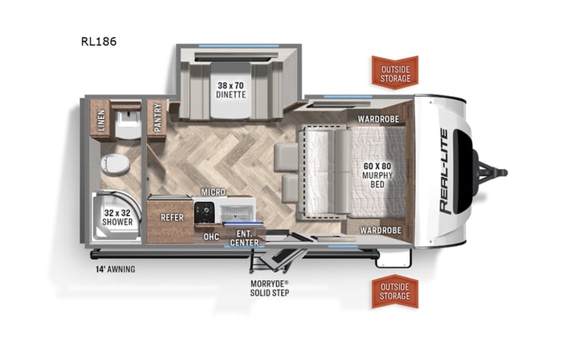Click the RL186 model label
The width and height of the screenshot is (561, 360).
pos(98,41)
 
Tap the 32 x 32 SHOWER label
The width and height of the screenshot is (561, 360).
pos(118,217)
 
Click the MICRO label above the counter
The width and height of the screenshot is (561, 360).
pos(213,191)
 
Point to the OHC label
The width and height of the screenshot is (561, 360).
pos(211,236)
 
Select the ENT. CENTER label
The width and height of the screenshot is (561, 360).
pos(245,238)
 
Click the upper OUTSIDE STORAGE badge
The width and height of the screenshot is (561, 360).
pos(394,73)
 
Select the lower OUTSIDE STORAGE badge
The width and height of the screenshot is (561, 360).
pos(394,291)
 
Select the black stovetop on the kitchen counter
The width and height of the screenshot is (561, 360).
pos(204,210)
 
